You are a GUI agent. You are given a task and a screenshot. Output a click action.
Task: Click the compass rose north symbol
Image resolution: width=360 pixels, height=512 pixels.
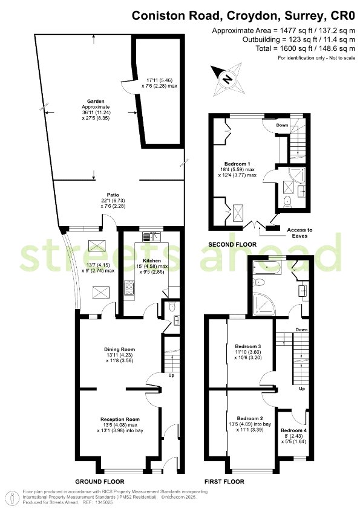[227, 79]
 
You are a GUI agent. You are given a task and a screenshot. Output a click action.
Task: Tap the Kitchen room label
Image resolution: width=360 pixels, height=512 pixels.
[152, 261]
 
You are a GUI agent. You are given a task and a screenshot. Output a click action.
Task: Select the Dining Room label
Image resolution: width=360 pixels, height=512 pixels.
[120, 349]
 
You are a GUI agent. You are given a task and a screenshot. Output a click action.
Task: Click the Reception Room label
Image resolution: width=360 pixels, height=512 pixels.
[120, 419]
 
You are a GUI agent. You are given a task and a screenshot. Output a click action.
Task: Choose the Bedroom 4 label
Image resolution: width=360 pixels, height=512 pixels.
[293, 430]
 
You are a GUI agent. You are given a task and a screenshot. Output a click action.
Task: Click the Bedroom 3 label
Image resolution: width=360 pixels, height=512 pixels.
[248, 346]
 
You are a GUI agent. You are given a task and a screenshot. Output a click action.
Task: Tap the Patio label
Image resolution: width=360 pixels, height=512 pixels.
[113, 195]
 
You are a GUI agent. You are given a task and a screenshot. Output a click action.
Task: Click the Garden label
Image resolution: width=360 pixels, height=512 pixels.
[96, 101]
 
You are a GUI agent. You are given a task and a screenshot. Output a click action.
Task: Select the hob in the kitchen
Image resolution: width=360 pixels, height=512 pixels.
[129, 288]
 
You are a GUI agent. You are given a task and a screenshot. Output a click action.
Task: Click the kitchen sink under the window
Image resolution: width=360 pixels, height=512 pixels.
[151, 236]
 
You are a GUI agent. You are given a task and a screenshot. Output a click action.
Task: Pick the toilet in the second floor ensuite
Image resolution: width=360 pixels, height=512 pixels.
[288, 201]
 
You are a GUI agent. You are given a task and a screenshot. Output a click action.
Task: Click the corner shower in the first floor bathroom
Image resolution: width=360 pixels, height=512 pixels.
[264, 304]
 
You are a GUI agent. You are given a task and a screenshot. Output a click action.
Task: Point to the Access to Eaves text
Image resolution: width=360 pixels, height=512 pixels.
[299, 233]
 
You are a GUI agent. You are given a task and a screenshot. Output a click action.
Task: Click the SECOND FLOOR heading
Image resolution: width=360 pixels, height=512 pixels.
[232, 244]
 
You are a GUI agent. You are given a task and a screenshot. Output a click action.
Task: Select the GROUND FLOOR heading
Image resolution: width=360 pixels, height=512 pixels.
[100, 481]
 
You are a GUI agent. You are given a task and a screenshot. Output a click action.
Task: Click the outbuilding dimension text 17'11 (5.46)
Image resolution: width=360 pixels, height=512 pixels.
[160, 80]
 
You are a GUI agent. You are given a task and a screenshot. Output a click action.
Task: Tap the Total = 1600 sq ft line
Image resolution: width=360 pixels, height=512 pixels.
[306, 48]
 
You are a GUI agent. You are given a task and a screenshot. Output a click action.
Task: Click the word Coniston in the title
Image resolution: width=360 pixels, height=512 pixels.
[156, 15]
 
